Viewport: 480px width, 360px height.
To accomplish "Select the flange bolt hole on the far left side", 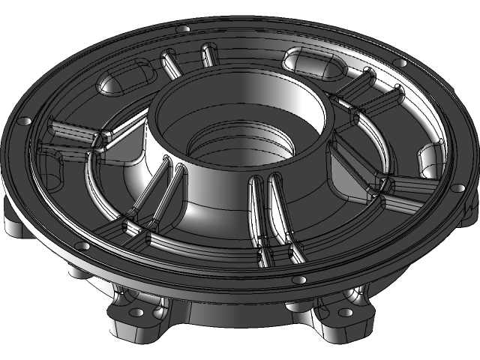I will [25, 120].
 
